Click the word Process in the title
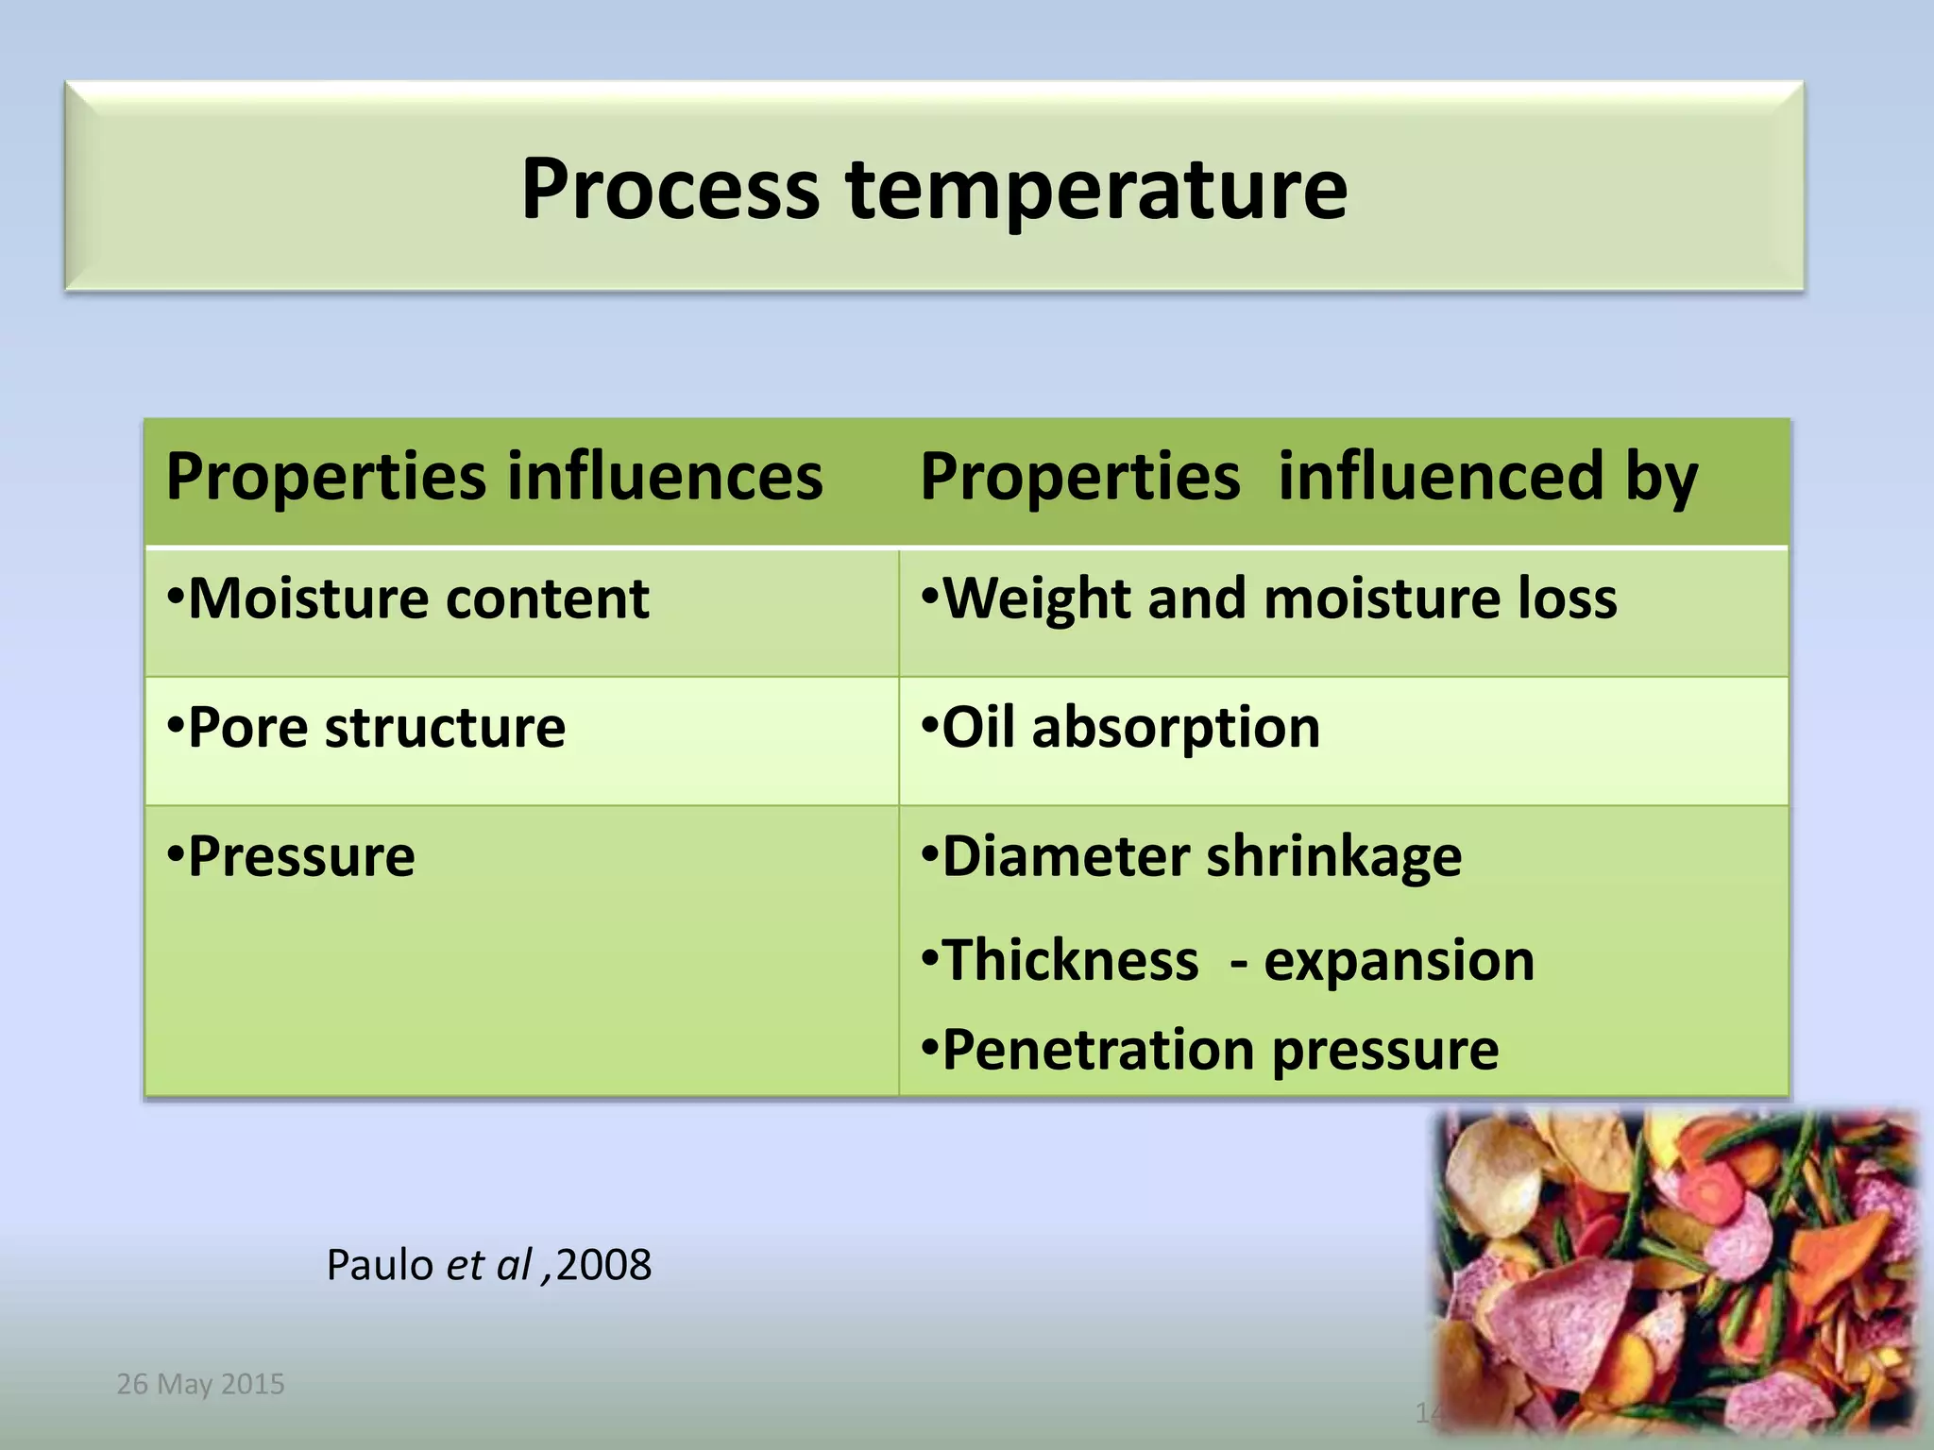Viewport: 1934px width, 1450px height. point(670,189)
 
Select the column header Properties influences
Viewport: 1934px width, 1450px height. point(494,477)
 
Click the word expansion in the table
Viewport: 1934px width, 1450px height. point(1399,961)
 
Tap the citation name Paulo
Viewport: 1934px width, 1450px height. point(380,1265)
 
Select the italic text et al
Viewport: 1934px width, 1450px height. point(489,1265)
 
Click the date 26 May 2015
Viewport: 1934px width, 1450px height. point(200,1384)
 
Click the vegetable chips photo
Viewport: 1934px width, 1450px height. point(1676,1270)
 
